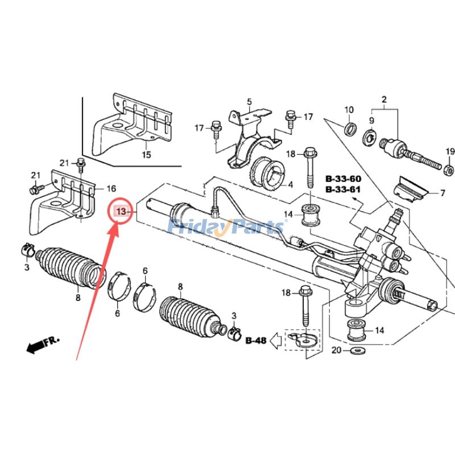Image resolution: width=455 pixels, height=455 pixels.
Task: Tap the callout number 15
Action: point(146,155)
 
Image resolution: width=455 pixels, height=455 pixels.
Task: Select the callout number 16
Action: point(111,188)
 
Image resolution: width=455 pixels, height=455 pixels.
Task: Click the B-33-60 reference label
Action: point(344,179)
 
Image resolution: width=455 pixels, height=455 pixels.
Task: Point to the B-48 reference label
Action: point(256,341)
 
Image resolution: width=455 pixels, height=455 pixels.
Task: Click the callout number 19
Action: point(450,151)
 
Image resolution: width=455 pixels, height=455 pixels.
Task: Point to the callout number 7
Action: point(442,193)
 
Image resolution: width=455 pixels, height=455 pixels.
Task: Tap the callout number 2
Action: point(384,100)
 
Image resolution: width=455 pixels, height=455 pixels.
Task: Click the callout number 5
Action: point(249,102)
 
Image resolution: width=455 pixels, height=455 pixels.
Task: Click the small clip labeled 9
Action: point(369,136)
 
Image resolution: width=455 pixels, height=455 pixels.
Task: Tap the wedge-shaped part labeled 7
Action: point(411,191)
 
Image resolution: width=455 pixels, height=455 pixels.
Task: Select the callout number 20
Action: point(337,350)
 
